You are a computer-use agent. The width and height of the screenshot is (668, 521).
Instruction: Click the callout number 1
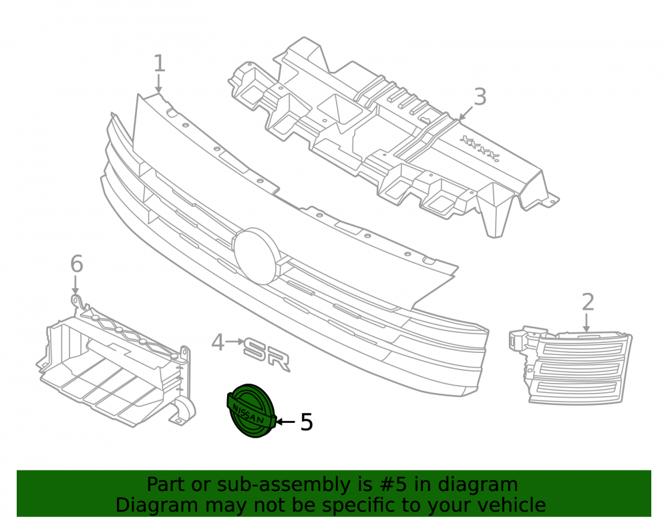pyautogui.click(x=159, y=63)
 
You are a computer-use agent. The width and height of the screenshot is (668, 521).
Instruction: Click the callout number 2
pyautogui.click(x=588, y=302)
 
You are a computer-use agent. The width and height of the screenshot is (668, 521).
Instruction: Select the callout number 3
pyautogui.click(x=480, y=97)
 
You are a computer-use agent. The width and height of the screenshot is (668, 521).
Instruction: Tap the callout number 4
pyautogui.click(x=218, y=342)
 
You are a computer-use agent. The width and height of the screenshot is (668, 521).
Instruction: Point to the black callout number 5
pyautogui.click(x=307, y=422)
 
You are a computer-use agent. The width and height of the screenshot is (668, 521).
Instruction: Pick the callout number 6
pyautogui.click(x=77, y=264)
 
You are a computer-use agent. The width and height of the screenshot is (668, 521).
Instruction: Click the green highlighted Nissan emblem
pyautogui.click(x=251, y=410)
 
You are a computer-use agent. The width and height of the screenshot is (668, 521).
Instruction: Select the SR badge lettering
pyautogui.click(x=267, y=354)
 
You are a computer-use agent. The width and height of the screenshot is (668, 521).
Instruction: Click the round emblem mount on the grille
pyautogui.click(x=256, y=256)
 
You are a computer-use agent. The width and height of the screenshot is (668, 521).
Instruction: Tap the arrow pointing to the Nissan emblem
pyautogui.click(x=285, y=422)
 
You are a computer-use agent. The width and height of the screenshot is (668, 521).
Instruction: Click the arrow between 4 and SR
pyautogui.click(x=234, y=341)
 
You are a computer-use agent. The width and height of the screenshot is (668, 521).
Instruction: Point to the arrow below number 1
pyautogui.click(x=158, y=83)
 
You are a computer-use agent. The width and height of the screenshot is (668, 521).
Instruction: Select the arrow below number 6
pyautogui.click(x=75, y=285)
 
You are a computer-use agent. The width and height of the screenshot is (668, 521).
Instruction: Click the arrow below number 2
pyautogui.click(x=587, y=323)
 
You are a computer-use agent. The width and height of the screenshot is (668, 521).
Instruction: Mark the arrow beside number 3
pyautogui.click(x=466, y=112)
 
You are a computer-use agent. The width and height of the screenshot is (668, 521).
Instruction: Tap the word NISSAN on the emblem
pyautogui.click(x=248, y=414)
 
